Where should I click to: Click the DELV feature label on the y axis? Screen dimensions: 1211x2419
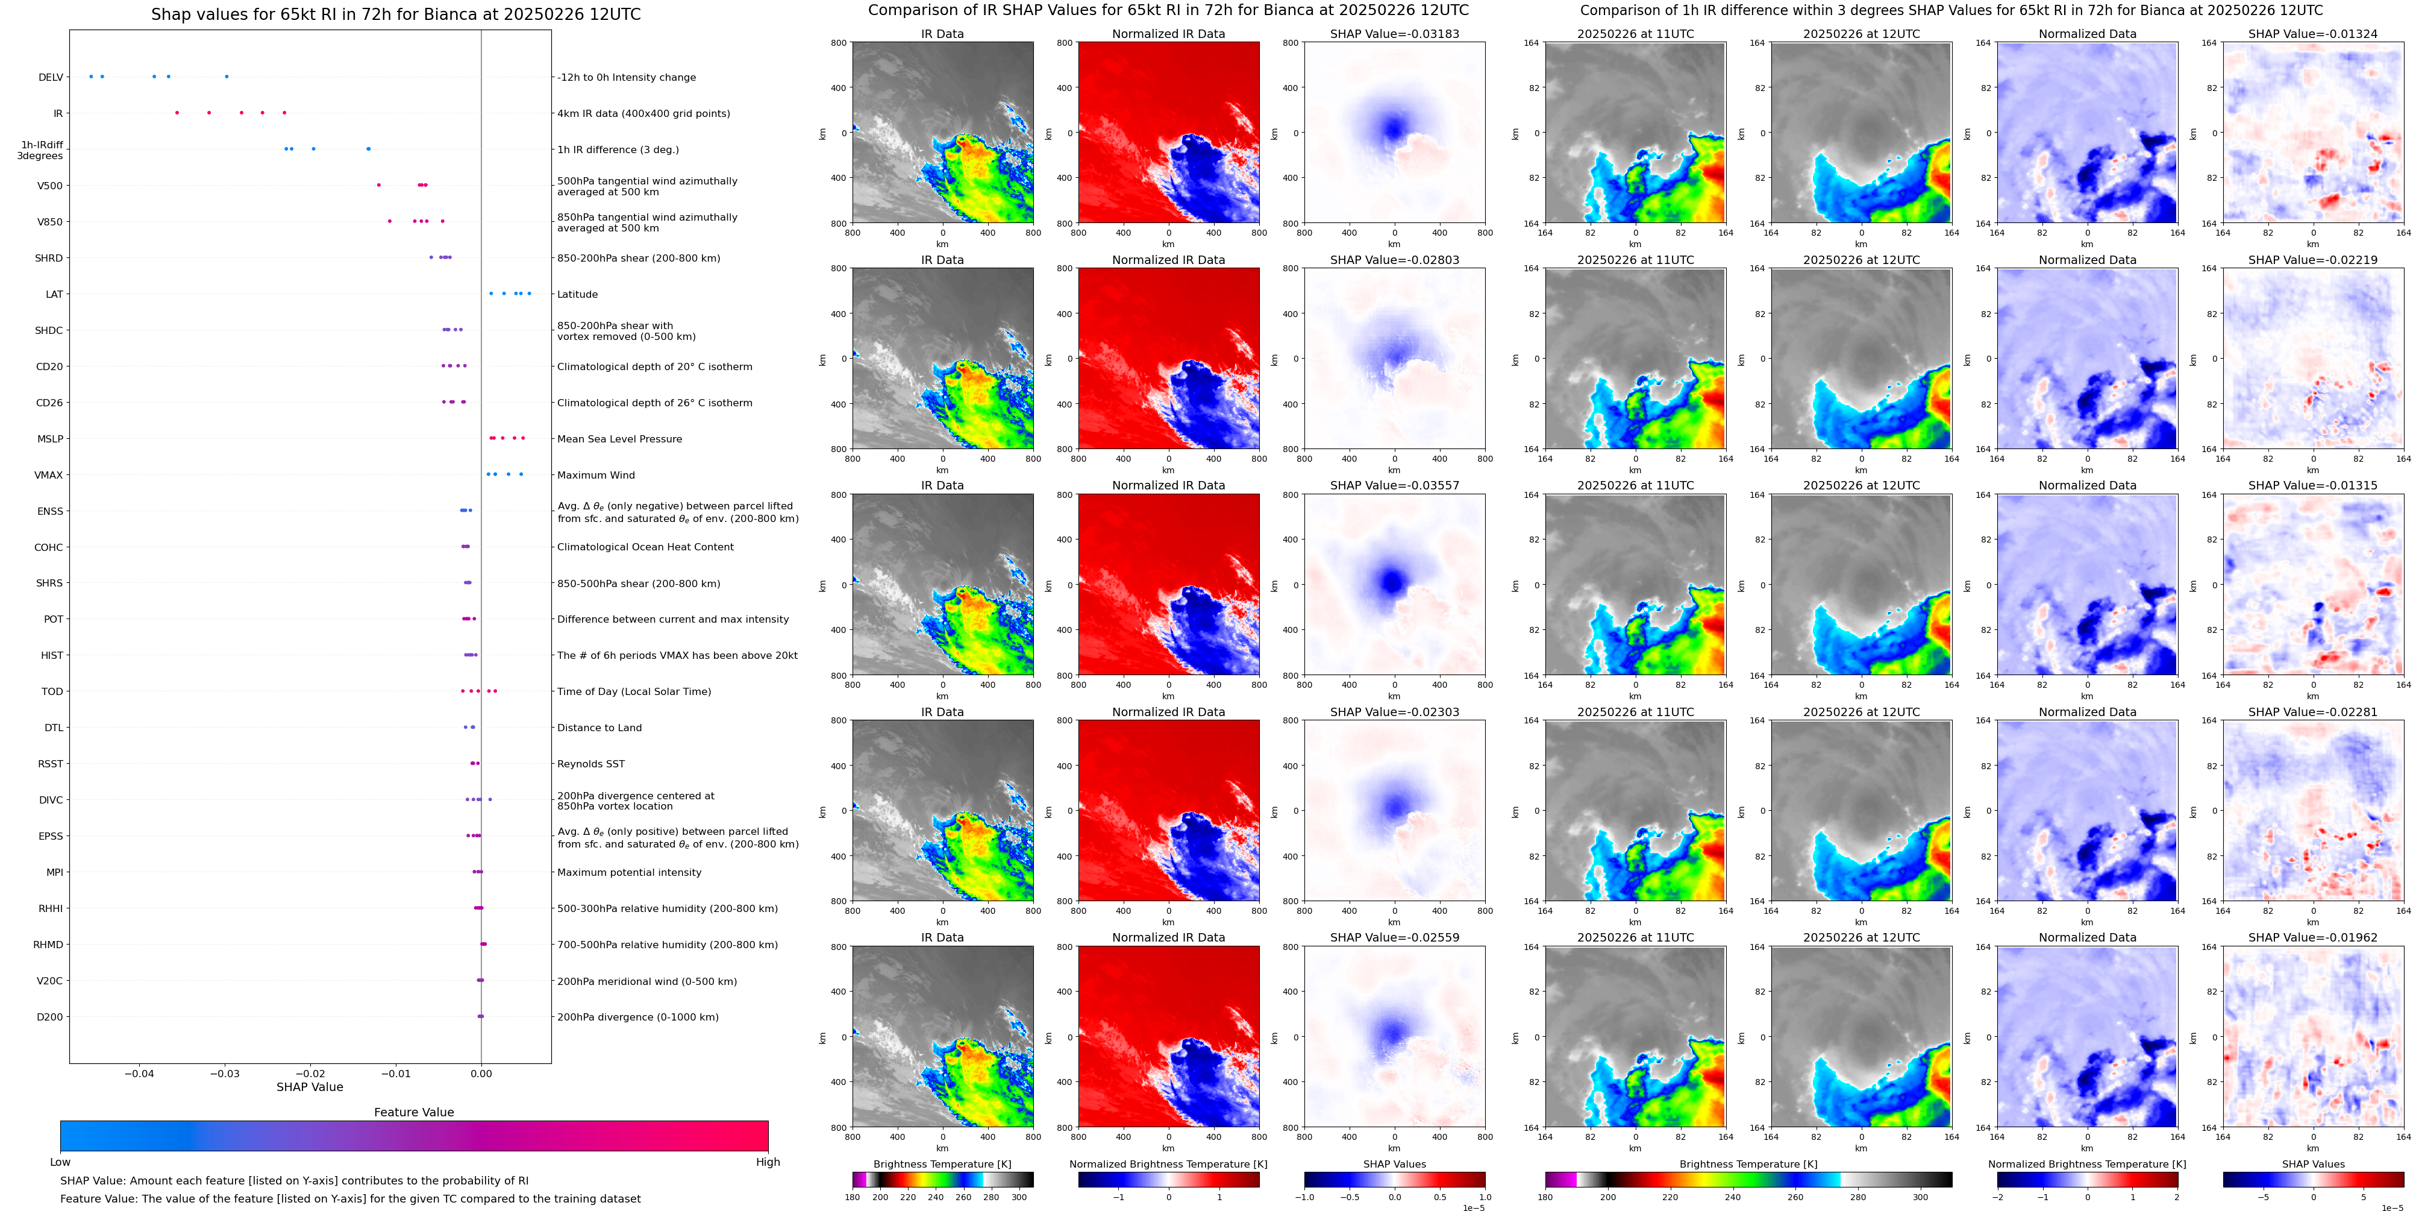pyautogui.click(x=51, y=77)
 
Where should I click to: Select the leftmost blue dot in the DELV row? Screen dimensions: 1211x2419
pyautogui.click(x=91, y=76)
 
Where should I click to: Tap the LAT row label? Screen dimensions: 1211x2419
pyautogui.click(x=54, y=294)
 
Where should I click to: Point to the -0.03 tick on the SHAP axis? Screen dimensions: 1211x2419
pyautogui.click(x=225, y=1073)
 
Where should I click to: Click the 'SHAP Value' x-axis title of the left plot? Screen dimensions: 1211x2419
pyautogui.click(x=310, y=1087)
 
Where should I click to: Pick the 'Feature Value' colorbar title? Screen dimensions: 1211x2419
pyautogui.click(x=413, y=1112)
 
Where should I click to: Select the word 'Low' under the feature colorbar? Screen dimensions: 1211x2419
pyautogui.click(x=60, y=1162)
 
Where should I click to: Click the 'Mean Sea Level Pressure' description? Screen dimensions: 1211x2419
pyautogui.click(x=619, y=439)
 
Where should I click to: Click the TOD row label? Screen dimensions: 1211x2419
pyautogui.click(x=52, y=691)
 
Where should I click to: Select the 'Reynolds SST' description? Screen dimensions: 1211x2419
pyautogui.click(x=590, y=764)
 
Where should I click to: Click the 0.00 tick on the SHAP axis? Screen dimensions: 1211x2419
pyautogui.click(x=481, y=1073)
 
